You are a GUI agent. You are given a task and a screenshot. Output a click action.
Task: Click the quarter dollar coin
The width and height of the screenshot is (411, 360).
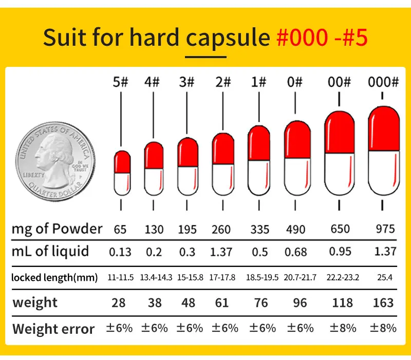pyautogui.click(x=55, y=158)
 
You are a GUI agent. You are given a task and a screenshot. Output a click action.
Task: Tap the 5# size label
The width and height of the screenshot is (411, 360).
pyautogui.click(x=120, y=82)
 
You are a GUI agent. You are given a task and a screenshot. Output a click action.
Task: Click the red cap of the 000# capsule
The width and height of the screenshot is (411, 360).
pyautogui.click(x=384, y=129)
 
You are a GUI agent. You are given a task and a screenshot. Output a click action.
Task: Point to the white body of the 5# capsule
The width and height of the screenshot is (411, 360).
pyautogui.click(x=122, y=184)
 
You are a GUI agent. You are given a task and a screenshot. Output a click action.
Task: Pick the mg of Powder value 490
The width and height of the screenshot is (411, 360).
pyautogui.click(x=295, y=229)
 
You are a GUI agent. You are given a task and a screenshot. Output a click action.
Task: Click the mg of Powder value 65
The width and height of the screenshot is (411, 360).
pyautogui.click(x=120, y=229)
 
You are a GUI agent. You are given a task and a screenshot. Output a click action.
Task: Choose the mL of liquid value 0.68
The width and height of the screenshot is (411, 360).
pyautogui.click(x=295, y=252)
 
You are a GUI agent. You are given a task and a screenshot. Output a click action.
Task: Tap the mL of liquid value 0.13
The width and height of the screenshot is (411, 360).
pyautogui.click(x=120, y=252)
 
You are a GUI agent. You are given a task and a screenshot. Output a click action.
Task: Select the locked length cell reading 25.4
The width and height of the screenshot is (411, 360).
pyautogui.click(x=384, y=278)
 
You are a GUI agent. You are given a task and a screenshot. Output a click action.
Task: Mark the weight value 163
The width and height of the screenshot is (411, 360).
pyautogui.click(x=383, y=302)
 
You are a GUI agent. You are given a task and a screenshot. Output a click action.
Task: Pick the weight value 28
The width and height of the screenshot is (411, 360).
pyautogui.click(x=119, y=302)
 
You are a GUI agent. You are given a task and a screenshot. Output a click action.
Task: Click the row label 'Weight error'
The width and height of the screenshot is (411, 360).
pyautogui.click(x=53, y=329)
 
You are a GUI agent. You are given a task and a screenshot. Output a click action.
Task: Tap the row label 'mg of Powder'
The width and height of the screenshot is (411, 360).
pyautogui.click(x=57, y=229)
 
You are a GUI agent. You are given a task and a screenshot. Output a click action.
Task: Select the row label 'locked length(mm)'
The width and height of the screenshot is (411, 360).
pyautogui.click(x=54, y=278)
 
